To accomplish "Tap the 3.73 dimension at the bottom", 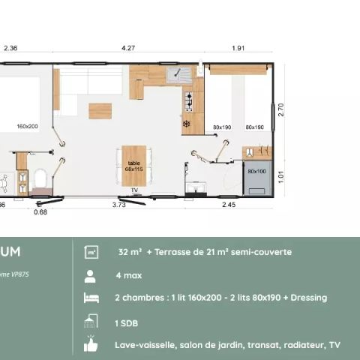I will (x=118, y=204).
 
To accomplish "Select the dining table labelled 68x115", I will (x=134, y=166).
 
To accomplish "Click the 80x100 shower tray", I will (x=256, y=172).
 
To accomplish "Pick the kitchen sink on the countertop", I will (x=180, y=73).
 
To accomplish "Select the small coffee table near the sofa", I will (x=100, y=111).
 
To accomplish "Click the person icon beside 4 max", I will (x=91, y=274).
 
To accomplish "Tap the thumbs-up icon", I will (x=91, y=345).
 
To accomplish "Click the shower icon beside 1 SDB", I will (x=91, y=322).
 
